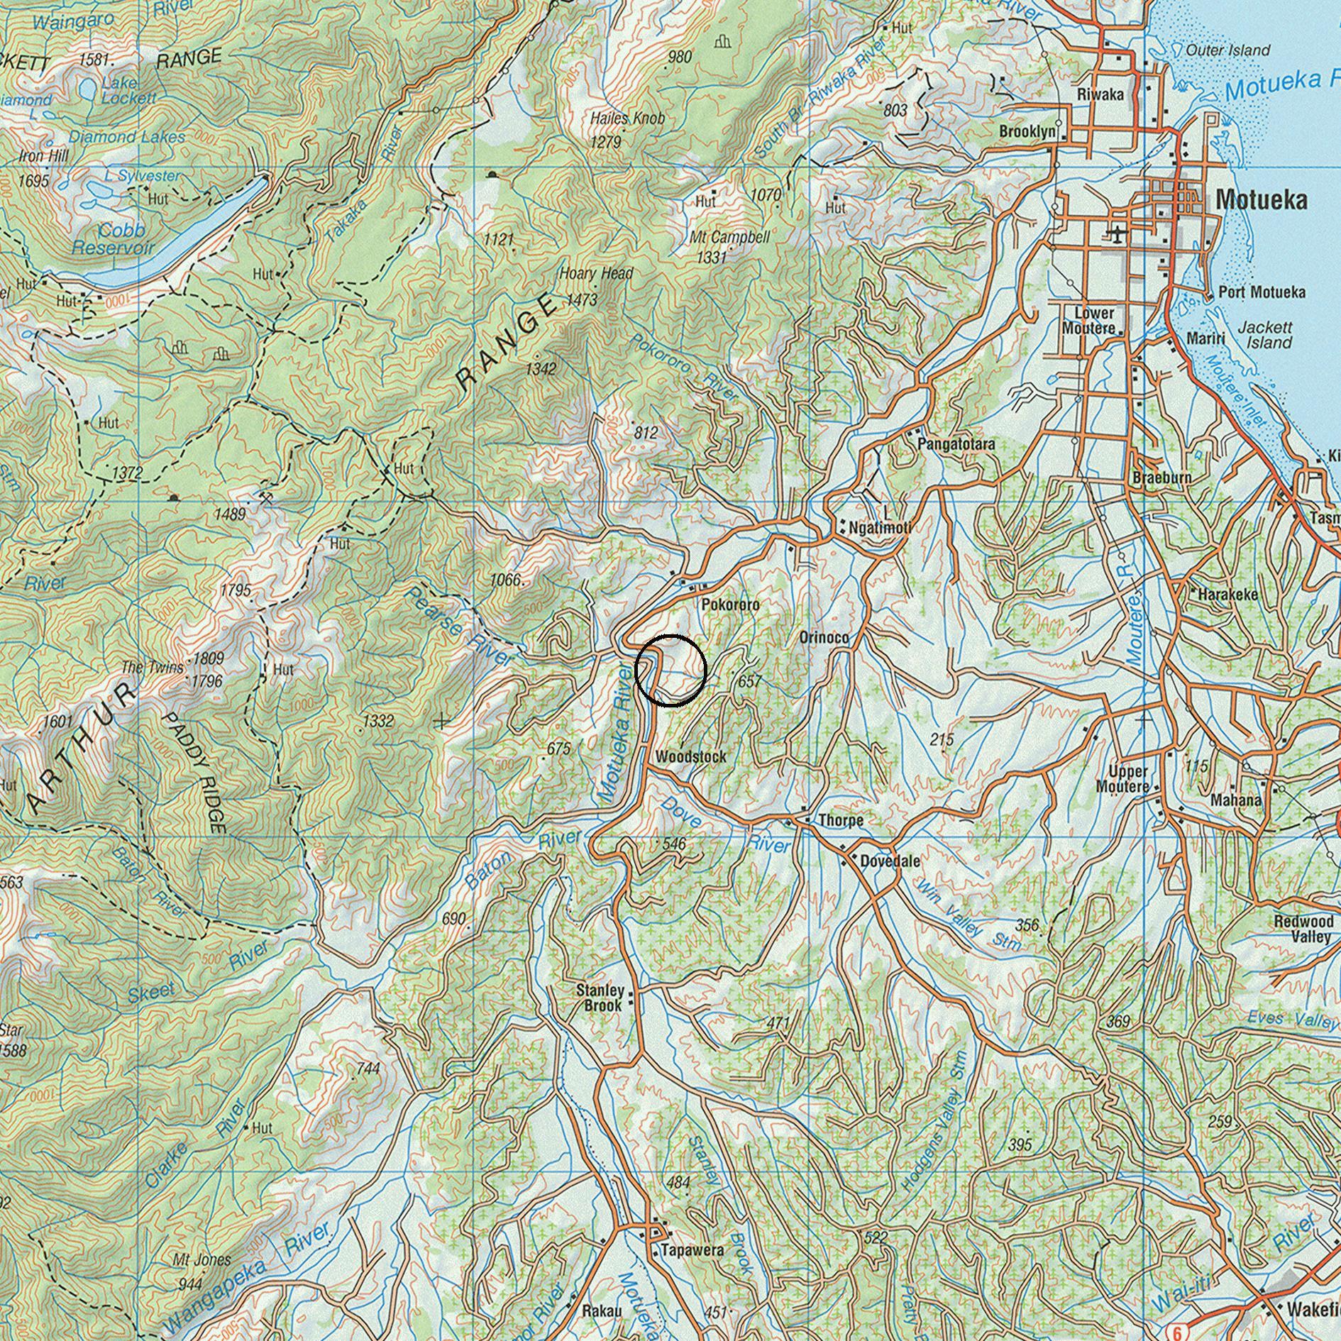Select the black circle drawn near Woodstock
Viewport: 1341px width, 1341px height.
[670, 670]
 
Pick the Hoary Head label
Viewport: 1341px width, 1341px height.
[596, 274]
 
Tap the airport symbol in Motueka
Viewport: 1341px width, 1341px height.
[1117, 233]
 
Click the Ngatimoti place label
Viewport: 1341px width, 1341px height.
[880, 527]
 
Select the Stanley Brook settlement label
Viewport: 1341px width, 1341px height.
[600, 998]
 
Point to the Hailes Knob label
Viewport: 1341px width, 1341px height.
[627, 118]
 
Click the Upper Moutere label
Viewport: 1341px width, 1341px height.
[1122, 778]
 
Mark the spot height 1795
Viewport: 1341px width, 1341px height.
[236, 590]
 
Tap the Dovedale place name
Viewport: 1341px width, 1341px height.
[890, 861]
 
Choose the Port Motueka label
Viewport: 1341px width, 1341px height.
[1262, 292]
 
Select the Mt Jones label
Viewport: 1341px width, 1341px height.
[202, 1260]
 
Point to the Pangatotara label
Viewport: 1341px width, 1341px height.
[956, 444]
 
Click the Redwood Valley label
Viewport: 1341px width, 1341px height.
[1303, 929]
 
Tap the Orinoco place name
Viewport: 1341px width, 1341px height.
[824, 638]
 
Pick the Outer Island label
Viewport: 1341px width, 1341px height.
[1227, 50]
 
